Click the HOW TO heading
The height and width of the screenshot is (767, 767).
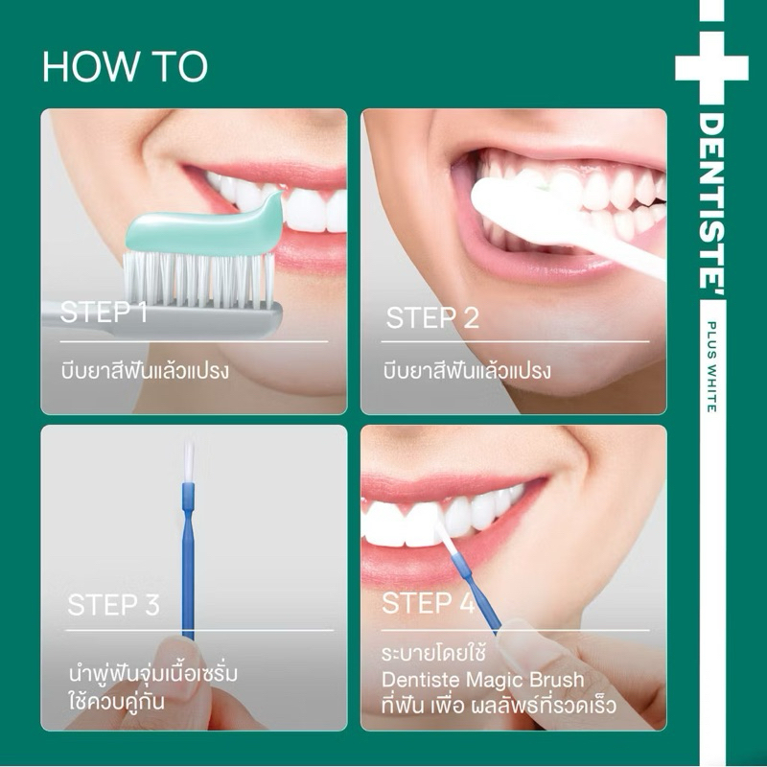126,66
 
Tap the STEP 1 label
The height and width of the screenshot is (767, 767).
104,312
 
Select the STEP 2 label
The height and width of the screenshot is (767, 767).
432,318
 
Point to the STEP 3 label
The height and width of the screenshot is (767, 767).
113,605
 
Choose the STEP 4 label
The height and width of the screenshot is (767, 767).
428,603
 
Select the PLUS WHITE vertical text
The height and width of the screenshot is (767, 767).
712,367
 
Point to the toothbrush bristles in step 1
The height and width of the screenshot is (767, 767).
198,279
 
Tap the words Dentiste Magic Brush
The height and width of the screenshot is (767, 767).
483,680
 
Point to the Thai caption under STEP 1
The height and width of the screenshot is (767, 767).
145,370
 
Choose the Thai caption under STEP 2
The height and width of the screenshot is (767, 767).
467,370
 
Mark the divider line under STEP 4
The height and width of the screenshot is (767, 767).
516,630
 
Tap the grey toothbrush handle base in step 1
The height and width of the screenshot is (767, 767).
161,320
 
